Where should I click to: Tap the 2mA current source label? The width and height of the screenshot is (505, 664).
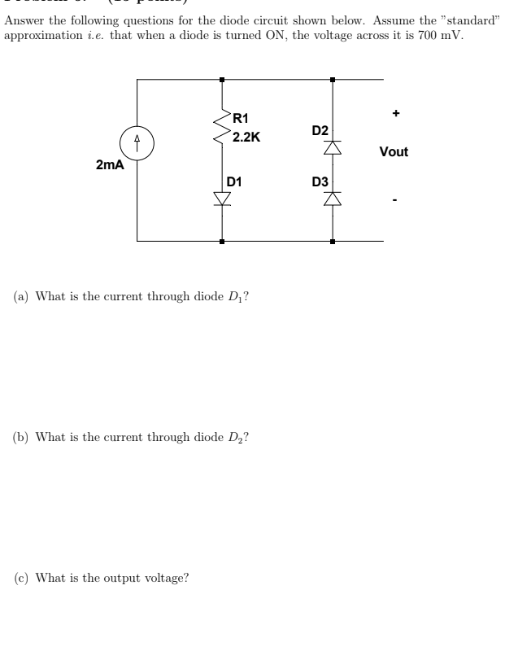click(109, 165)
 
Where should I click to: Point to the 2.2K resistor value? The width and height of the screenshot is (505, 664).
click(246, 137)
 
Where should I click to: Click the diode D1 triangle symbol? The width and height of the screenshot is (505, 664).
click(222, 198)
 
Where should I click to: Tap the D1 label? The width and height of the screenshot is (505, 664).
click(235, 181)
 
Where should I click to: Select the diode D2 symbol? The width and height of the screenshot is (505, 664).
click(332, 148)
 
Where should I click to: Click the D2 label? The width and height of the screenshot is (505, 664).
click(320, 130)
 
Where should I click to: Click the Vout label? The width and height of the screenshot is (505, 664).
click(394, 152)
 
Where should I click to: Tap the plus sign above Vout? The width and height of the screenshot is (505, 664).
click(395, 114)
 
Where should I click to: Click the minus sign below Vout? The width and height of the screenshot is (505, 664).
click(395, 197)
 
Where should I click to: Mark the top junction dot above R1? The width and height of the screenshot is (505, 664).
click(222, 80)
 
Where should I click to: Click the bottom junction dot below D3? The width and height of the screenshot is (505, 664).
click(332, 242)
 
